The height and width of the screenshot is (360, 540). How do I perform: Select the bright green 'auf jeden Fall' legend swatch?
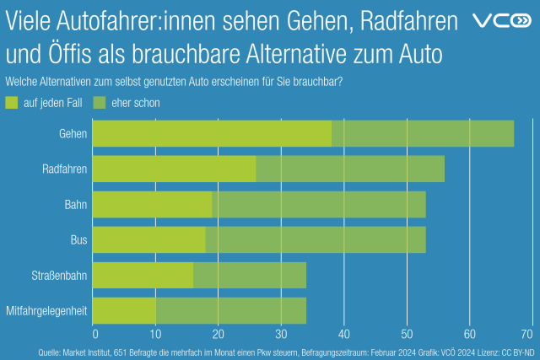[x=11, y=103]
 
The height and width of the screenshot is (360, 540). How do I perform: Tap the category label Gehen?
[x=73, y=134]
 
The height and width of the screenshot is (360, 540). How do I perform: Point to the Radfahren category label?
[x=64, y=169]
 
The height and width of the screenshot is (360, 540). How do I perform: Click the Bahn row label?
[x=76, y=205]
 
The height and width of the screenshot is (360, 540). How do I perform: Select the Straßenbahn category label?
[x=61, y=276]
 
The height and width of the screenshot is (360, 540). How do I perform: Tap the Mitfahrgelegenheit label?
[x=47, y=311]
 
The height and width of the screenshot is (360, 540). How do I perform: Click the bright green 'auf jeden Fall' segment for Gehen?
[x=212, y=134]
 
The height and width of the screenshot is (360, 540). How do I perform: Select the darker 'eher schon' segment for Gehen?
[x=422, y=134]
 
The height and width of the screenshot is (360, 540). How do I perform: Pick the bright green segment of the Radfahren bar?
[x=174, y=169]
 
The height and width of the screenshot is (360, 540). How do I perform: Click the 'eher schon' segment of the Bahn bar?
[x=319, y=205]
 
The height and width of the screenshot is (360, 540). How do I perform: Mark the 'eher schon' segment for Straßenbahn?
[x=249, y=276]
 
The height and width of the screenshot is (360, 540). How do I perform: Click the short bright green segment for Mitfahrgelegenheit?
[x=124, y=311]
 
